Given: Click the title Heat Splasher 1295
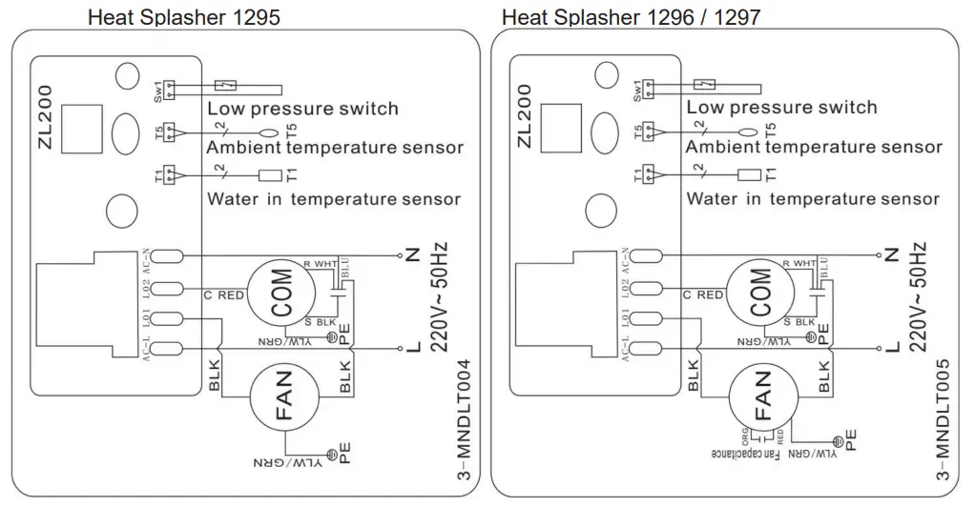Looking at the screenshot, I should [x=184, y=17].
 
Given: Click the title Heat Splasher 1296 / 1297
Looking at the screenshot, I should [x=631, y=17].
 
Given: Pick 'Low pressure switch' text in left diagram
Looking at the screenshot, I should [x=302, y=108].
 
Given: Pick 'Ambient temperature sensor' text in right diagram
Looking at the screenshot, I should [x=813, y=147].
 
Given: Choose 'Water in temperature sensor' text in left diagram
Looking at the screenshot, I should [x=334, y=199].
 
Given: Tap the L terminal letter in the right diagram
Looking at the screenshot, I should [x=891, y=348].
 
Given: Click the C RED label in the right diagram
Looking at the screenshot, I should [x=703, y=294].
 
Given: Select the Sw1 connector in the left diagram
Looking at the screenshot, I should [x=170, y=90].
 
